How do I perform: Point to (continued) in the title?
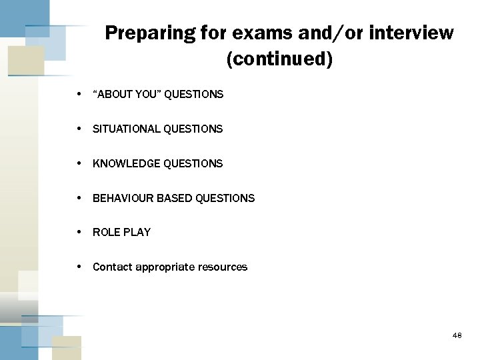coord(279,60)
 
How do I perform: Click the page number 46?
coord(457,336)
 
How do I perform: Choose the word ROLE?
coord(105,233)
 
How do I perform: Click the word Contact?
coord(112,267)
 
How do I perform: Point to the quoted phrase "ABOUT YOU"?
coord(127,95)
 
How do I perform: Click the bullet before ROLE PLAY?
coord(79,232)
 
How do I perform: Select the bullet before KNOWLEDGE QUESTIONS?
coord(79,163)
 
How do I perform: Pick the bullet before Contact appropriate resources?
coord(79,267)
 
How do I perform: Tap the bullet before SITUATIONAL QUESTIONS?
coord(79,128)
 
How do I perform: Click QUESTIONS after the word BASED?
coord(225,198)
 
